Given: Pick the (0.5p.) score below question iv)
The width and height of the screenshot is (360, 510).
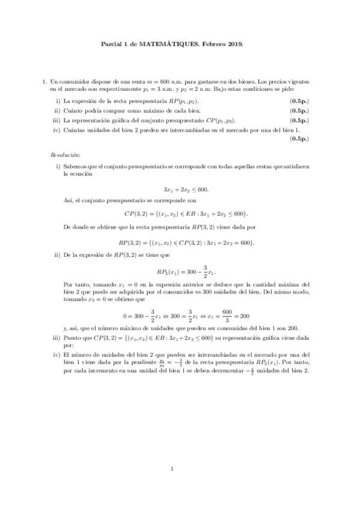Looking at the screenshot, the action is [x=299, y=139].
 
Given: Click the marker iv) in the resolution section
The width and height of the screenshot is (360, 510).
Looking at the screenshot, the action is [x=57, y=354].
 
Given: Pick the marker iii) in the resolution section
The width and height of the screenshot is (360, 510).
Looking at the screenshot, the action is [x=57, y=339].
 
